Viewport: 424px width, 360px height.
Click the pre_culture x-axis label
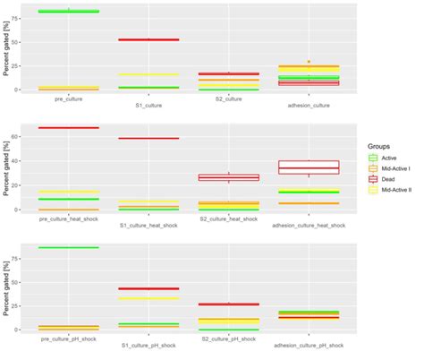click(69, 99)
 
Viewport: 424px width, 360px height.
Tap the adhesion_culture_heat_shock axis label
click(309, 225)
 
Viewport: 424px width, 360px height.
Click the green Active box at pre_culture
click(69, 11)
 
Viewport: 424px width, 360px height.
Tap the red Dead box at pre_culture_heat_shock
click(69, 128)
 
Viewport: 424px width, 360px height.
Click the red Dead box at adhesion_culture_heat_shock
click(309, 167)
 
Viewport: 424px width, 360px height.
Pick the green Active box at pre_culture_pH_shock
click(69, 247)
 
